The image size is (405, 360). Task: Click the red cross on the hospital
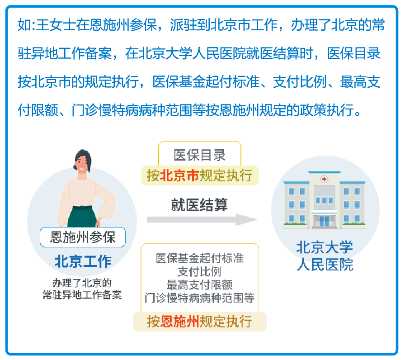[x=324, y=179]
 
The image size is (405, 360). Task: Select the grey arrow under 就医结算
[x=202, y=220]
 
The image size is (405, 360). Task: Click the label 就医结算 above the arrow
[x=199, y=205]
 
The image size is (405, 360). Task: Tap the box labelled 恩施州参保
[x=83, y=237]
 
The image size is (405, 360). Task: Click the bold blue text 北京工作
[x=83, y=261]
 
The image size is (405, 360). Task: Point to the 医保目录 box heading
[x=199, y=155]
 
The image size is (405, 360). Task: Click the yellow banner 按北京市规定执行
[x=200, y=175]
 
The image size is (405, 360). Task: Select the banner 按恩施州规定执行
[x=200, y=322]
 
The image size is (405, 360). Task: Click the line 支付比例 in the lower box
[x=199, y=271]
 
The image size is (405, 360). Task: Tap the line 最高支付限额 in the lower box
[x=199, y=285]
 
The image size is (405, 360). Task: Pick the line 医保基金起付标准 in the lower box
[x=199, y=258]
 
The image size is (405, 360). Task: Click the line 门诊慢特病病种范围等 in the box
[x=199, y=298]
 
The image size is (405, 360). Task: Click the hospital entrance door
[x=324, y=221]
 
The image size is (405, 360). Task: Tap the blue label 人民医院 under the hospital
[x=325, y=265]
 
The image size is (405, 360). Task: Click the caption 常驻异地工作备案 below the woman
[x=82, y=295]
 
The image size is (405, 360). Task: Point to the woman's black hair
[x=83, y=158]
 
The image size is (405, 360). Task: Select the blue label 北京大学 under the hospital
[x=325, y=247]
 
